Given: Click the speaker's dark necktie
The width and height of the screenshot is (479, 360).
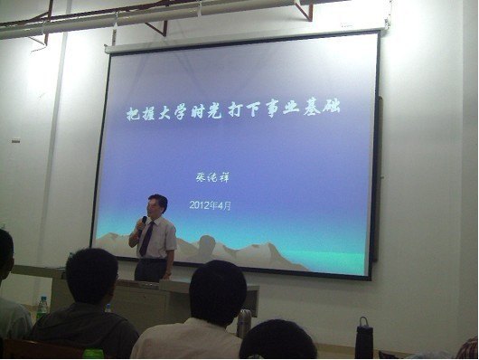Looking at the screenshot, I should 146,241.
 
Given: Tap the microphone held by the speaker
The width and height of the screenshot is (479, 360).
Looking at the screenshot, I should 143,222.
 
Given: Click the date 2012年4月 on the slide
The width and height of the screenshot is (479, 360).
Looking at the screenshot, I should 211,205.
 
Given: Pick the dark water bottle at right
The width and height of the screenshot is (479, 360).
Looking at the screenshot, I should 363,338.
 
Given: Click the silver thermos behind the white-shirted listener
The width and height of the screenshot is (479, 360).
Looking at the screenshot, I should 244,322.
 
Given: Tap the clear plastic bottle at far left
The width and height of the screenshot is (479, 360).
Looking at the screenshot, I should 42,308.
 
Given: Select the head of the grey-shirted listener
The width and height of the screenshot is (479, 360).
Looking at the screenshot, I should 92,277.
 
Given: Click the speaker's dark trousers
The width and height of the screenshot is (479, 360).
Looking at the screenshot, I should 151,269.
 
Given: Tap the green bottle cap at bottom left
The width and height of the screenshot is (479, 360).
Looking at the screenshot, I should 92,354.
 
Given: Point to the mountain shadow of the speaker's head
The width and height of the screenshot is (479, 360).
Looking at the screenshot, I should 207,243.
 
